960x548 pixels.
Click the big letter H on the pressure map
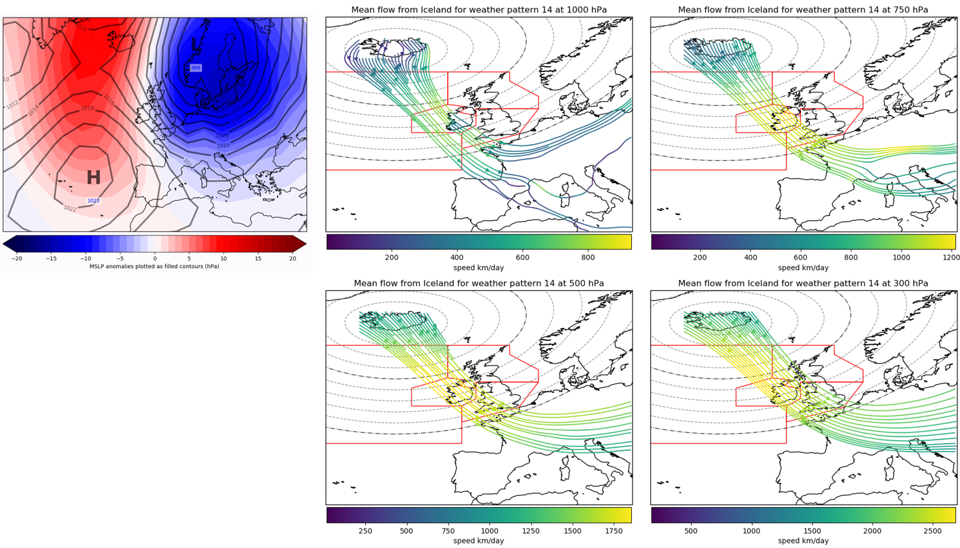point(94,177)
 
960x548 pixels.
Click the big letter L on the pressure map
point(194,45)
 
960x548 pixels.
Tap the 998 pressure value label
point(196,68)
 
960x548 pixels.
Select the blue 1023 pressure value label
point(94,201)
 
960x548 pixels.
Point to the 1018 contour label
point(87,108)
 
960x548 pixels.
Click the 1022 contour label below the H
point(70,208)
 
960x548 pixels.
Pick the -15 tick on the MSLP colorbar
point(51,258)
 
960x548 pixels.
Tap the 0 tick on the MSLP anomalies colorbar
point(155,258)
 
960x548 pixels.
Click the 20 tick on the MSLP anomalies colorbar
point(292,258)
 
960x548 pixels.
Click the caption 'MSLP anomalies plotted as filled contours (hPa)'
point(154,266)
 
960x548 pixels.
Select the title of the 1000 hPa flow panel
point(478,10)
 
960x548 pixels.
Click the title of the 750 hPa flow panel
point(803,10)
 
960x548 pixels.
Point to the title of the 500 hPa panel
point(478,283)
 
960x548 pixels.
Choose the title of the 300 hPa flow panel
point(803,283)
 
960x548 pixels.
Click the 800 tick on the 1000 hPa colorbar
point(588,257)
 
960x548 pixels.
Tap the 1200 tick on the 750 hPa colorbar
point(951,257)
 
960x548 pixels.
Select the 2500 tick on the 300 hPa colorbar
point(932,530)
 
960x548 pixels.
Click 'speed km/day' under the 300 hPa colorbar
point(803,540)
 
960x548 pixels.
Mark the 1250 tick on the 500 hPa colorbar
point(531,530)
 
